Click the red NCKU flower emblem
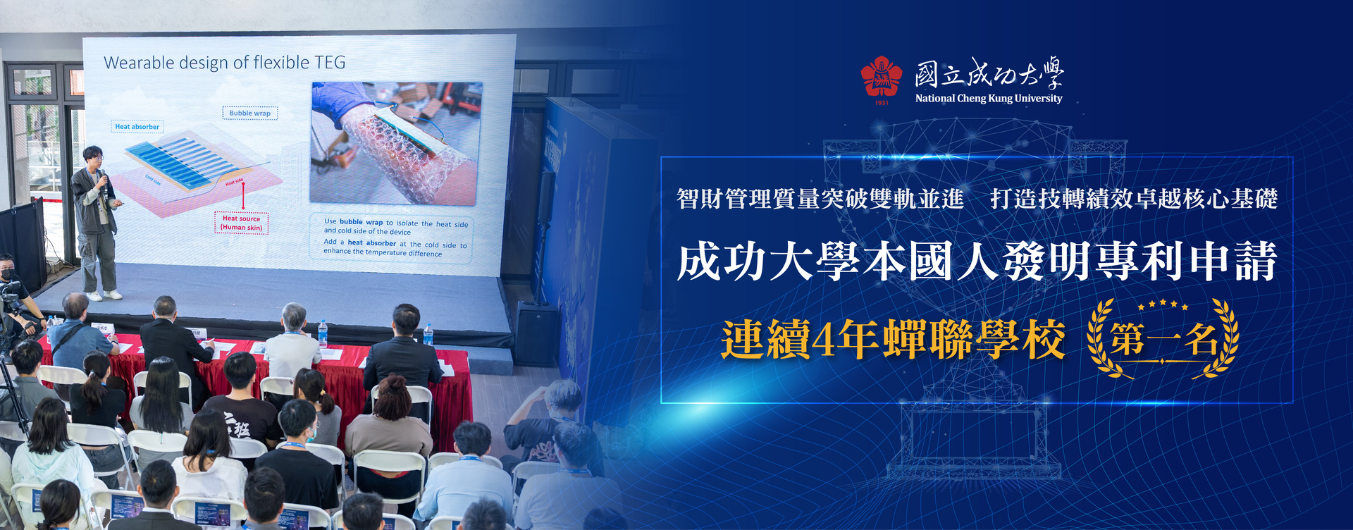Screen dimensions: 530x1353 881,77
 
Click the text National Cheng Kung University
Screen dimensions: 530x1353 988,99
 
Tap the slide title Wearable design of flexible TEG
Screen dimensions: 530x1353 225,63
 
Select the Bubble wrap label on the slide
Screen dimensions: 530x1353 249,113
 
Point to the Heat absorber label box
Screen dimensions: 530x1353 137,127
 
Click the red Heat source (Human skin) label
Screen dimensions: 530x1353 241,223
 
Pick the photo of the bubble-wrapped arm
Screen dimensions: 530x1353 397,142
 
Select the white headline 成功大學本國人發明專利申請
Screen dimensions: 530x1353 977,261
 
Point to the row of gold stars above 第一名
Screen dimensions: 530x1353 1163,305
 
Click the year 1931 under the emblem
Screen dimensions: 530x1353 882,103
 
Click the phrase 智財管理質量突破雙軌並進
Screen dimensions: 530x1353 820,199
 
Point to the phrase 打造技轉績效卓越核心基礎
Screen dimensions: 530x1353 1133,199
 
